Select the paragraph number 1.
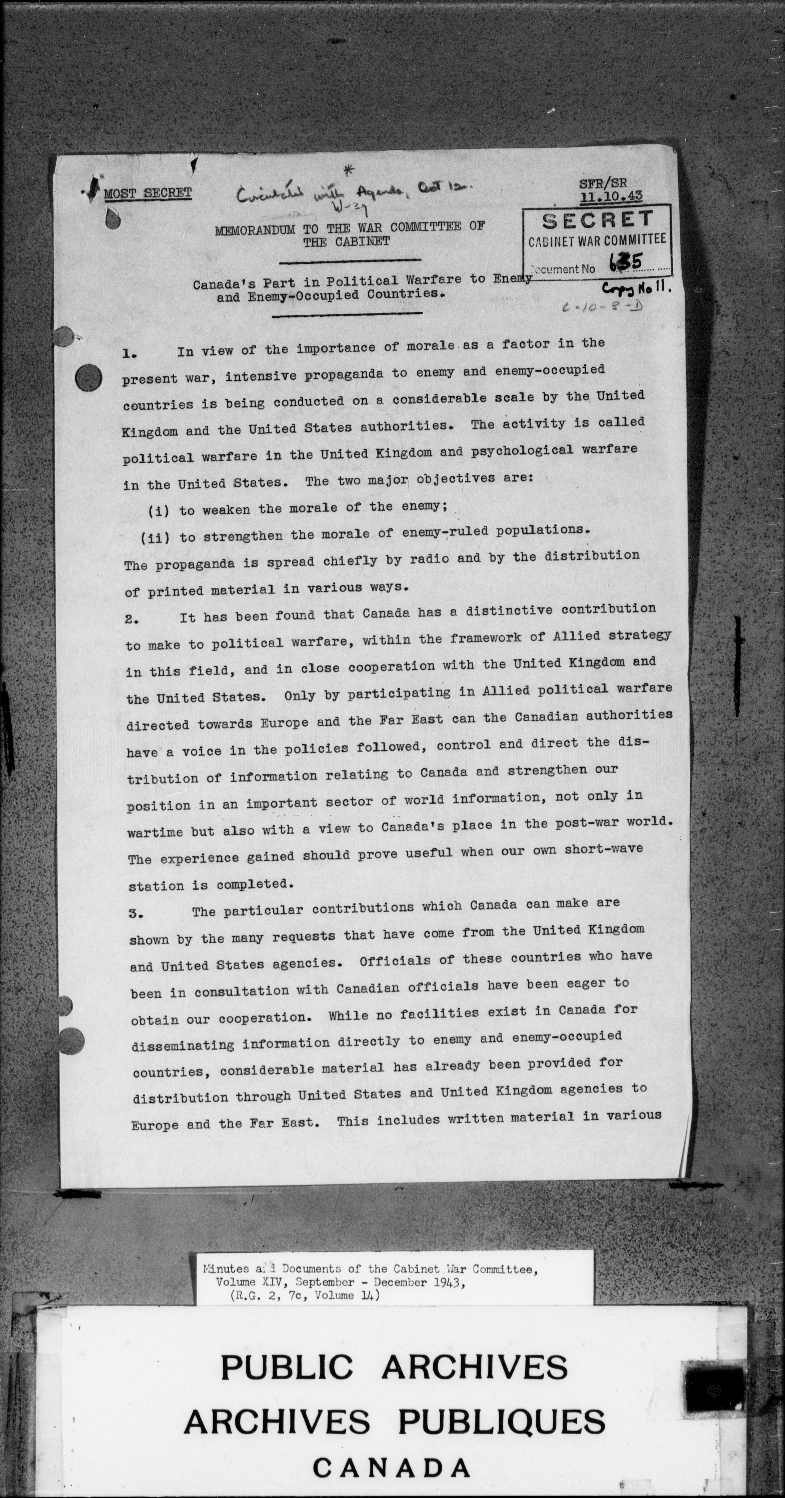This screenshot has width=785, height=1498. click(x=129, y=353)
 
